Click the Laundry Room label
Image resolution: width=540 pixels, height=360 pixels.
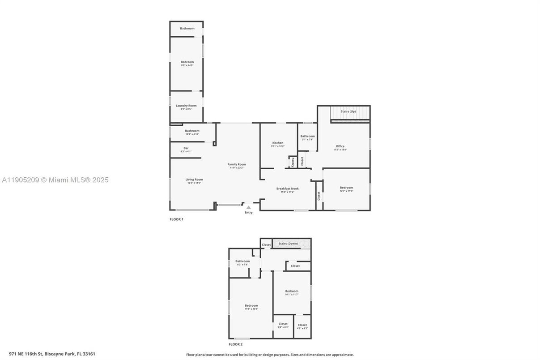pyautogui.click(x=186, y=106)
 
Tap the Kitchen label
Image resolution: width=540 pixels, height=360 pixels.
pyautogui.click(x=277, y=143)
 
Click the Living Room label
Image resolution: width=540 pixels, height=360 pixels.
pyautogui.click(x=194, y=180)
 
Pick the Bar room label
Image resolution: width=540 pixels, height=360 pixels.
pyautogui.click(x=186, y=148)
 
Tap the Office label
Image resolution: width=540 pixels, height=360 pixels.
pyautogui.click(x=340, y=146)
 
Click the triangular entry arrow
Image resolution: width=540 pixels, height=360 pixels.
pyautogui.click(x=248, y=207)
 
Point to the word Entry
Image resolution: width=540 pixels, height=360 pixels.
pyautogui.click(x=248, y=212)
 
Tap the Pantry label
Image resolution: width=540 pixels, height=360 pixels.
pyautogui.click(x=293, y=162)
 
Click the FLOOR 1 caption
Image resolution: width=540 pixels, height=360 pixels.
pyautogui.click(x=176, y=219)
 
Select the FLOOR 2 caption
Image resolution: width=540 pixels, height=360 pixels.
pyautogui.click(x=235, y=344)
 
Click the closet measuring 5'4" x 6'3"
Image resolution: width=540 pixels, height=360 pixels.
pyautogui.click(x=283, y=326)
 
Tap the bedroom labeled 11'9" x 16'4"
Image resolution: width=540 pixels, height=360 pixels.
pyautogui.click(x=251, y=307)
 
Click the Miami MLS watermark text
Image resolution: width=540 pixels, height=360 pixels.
pyautogui.click(x=55, y=180)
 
